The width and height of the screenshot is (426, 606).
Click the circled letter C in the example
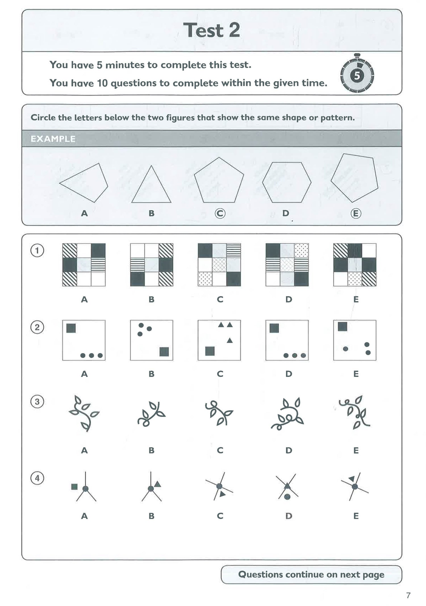pyautogui.click(x=220, y=213)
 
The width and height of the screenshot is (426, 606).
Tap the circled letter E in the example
pyautogui.click(x=356, y=213)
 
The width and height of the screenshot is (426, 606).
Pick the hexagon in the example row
pyautogui.click(x=287, y=182)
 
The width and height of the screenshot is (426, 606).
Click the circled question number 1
pyautogui.click(x=37, y=250)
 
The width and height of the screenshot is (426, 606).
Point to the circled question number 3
pyautogui.click(x=37, y=402)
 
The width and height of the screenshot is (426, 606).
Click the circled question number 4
pyautogui.click(x=37, y=478)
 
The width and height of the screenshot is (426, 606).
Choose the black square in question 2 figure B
pyautogui.click(x=164, y=352)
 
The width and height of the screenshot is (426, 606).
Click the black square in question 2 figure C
pyautogui.click(x=210, y=351)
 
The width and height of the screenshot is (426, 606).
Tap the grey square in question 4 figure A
pyautogui.click(x=74, y=487)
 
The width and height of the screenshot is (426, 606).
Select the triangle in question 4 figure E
pyautogui.click(x=352, y=479)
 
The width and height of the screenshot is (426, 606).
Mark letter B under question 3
pyautogui.click(x=151, y=450)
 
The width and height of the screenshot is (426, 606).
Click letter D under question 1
pyautogui.click(x=289, y=299)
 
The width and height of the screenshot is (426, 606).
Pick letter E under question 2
pyautogui.click(x=356, y=374)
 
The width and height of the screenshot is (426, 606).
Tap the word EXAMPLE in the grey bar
pyautogui.click(x=53, y=139)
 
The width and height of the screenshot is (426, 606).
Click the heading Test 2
pyautogui.click(x=212, y=30)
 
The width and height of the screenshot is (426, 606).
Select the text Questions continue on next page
pyautogui.click(x=311, y=574)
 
